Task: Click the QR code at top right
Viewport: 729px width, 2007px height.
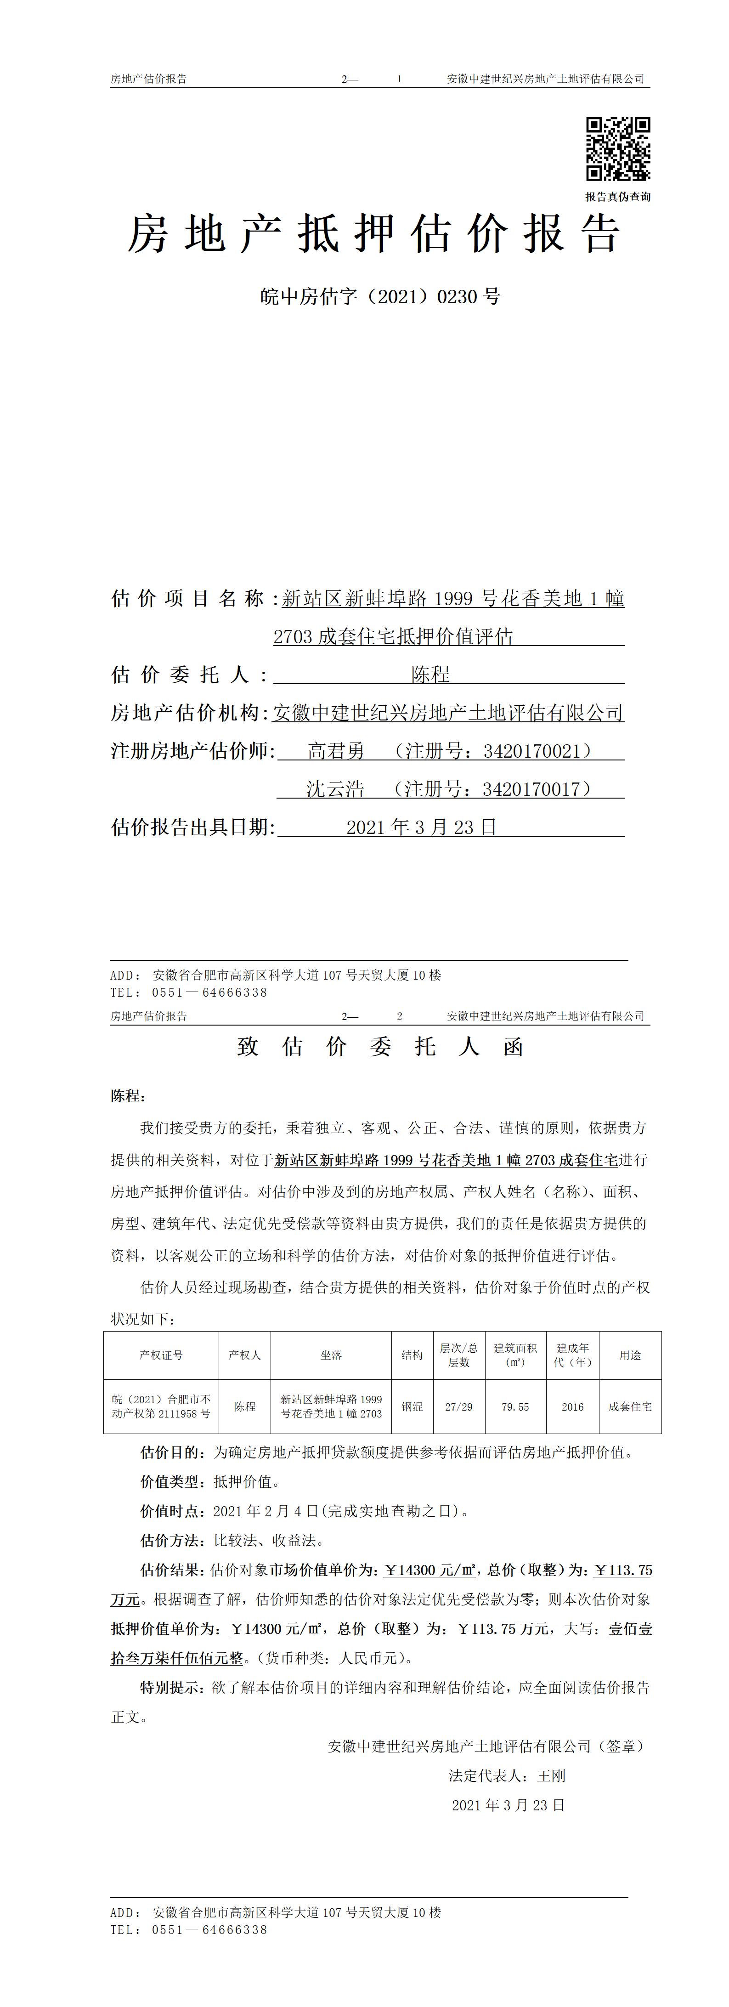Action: (618, 149)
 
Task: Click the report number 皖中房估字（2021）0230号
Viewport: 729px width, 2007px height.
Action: (379, 297)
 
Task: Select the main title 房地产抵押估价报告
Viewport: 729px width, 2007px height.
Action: (374, 234)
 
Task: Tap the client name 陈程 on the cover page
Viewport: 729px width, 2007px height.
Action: (431, 675)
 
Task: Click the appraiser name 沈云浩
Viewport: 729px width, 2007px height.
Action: (335, 789)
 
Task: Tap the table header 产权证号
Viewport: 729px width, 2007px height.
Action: (161, 1355)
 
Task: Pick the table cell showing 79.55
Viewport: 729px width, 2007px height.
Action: (515, 1406)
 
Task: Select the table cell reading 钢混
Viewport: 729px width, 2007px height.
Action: (412, 1406)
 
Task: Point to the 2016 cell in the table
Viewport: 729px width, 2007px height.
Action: (572, 1406)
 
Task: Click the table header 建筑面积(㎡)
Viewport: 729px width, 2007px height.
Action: (515, 1355)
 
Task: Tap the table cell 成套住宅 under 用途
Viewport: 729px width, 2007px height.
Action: (630, 1406)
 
